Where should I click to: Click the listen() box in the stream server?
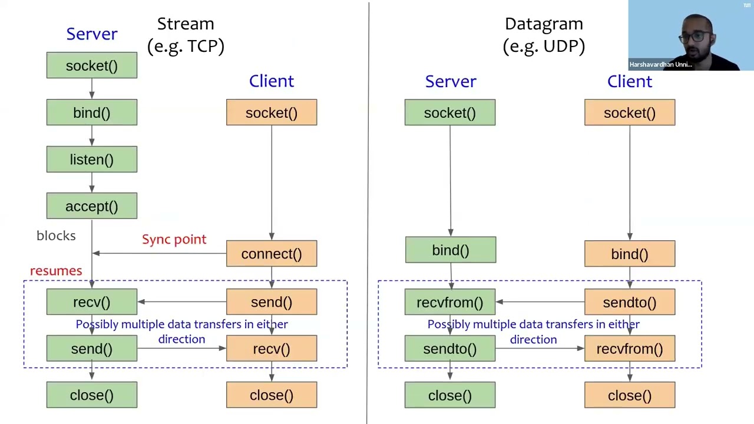coord(91,160)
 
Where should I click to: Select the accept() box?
coord(91,206)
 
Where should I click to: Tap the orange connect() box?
coord(271,254)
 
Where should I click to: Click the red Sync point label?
coord(174,239)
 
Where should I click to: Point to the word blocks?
coord(56,236)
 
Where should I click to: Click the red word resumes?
coord(56,271)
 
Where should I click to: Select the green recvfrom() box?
coord(449,302)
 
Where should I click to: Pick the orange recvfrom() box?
coord(629,349)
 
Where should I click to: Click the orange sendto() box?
coord(629,302)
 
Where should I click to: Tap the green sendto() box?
coord(449,349)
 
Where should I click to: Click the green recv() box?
coord(91,302)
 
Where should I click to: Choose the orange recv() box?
coord(271,349)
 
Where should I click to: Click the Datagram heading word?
coord(543,24)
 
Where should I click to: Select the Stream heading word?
coord(185,24)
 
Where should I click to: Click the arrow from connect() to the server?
coord(159,253)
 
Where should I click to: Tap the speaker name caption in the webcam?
coord(660,65)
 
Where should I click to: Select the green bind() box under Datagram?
coord(450,250)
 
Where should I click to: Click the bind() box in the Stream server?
coord(91,112)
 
